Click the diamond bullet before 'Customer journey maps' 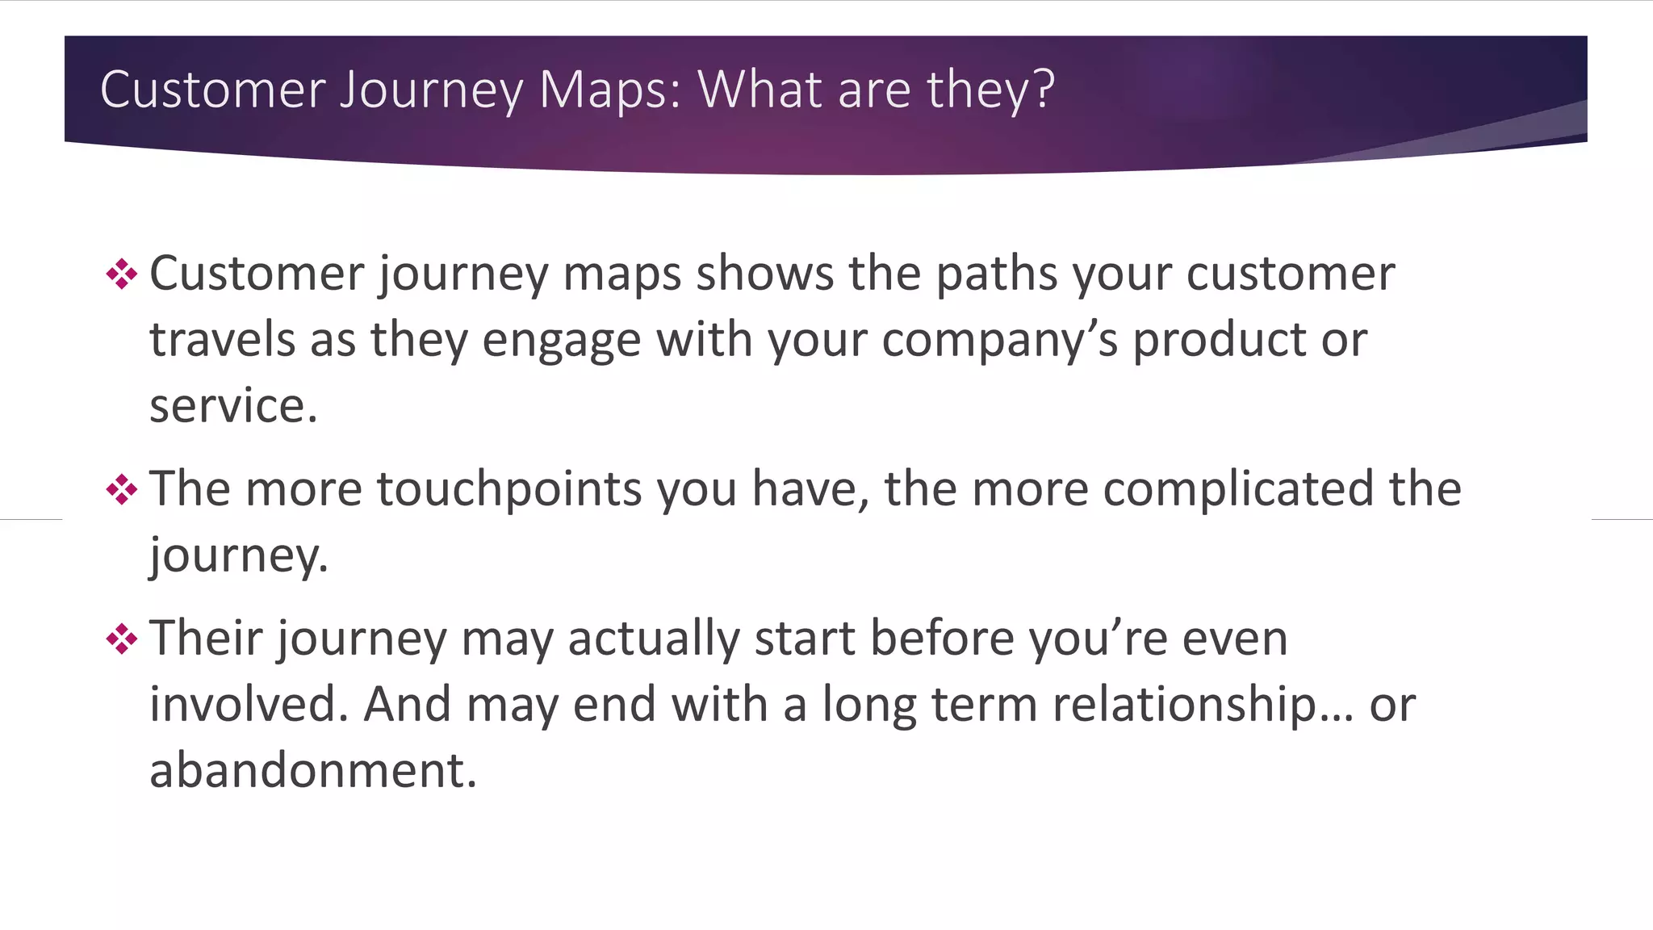[122, 274]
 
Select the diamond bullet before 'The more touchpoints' [122, 489]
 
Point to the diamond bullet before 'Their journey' [122, 639]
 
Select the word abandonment [313, 770]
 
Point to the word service [232, 405]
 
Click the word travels [223, 340]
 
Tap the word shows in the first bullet [764, 274]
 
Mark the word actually [654, 639]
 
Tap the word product [1220, 340]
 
